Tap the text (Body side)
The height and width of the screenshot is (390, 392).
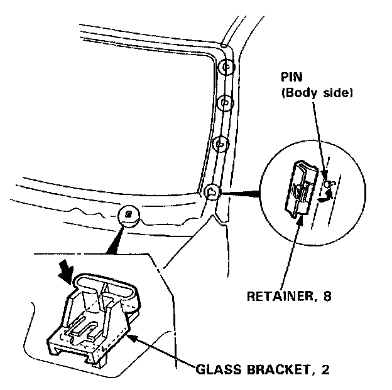[317, 93]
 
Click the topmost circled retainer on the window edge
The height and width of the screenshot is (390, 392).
[227, 66]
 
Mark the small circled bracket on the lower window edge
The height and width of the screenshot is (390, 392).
[128, 215]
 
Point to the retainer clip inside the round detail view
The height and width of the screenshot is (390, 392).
[301, 186]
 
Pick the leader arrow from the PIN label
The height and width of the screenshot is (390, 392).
[320, 138]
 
